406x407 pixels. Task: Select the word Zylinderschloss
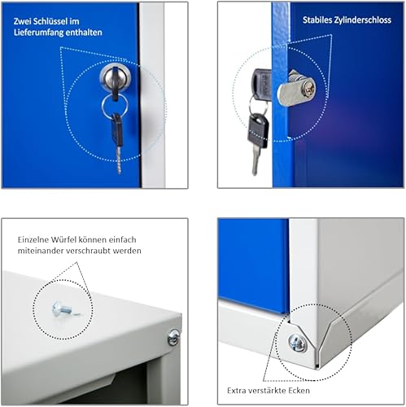pos(363,20)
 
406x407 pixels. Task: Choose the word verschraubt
pos(89,251)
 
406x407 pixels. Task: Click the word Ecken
pos(299,391)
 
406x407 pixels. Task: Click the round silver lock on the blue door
pos(116,77)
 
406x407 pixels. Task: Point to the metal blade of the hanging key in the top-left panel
pos(119,160)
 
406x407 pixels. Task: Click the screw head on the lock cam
pos(308,88)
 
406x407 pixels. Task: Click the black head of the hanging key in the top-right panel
pos(258,131)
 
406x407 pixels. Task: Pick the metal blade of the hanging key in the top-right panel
pos(255,161)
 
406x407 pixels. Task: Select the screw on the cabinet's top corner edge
pos(173,337)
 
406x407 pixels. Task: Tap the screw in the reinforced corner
pos(298,343)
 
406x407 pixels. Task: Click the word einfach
pos(123,239)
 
